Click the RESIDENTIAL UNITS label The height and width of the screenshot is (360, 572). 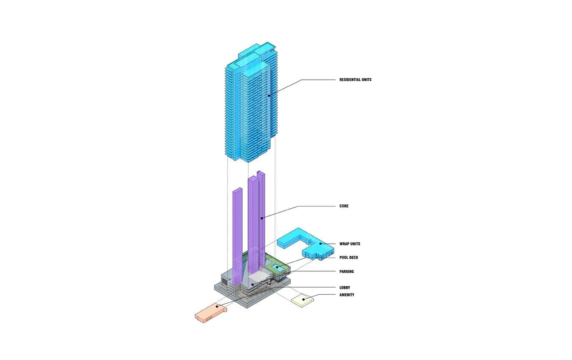click(x=355, y=80)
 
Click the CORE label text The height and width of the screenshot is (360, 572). click(x=344, y=206)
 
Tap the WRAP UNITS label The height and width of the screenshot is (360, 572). click(x=350, y=244)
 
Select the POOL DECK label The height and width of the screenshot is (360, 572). click(x=349, y=258)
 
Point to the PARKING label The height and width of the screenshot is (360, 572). click(x=347, y=271)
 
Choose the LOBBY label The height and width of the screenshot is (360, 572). click(x=344, y=288)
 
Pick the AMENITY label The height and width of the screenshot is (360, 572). click(x=347, y=295)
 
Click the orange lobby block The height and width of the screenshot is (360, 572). click(x=211, y=313)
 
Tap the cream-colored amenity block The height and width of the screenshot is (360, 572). click(x=303, y=300)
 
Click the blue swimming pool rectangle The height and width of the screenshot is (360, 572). click(x=278, y=268)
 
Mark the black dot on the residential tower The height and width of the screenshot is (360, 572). click(x=269, y=96)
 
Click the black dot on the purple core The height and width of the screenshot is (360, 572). click(x=262, y=218)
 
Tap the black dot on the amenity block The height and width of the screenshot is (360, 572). click(x=303, y=299)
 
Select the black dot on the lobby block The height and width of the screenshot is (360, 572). click(x=217, y=306)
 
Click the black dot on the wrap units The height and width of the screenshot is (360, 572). click(x=320, y=244)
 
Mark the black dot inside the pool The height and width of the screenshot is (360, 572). click(x=277, y=267)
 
